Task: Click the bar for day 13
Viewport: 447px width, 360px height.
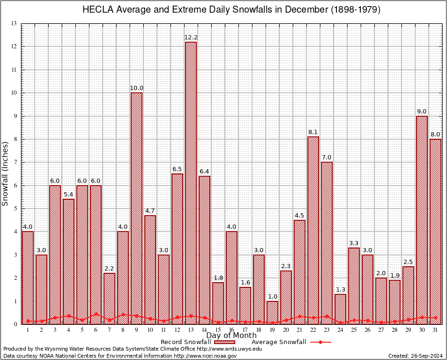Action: click(x=191, y=183)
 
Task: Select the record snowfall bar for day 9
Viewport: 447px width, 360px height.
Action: click(x=136, y=208)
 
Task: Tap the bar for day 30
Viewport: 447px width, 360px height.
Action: click(x=422, y=220)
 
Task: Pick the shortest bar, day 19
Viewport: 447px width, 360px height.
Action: click(x=272, y=312)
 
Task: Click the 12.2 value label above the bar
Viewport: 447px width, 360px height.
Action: click(x=191, y=37)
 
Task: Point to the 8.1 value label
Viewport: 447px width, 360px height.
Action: click(x=313, y=132)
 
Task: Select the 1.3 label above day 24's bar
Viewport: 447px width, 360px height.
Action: click(x=340, y=290)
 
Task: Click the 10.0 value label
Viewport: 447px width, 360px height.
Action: click(x=136, y=88)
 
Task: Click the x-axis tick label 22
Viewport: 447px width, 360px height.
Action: click(x=313, y=330)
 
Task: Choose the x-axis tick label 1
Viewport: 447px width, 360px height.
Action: click(x=28, y=330)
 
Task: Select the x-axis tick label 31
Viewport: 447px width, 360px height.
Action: click(x=435, y=330)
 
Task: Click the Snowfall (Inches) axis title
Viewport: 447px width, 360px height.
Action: click(x=6, y=173)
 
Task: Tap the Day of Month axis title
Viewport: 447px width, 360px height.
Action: click(x=231, y=336)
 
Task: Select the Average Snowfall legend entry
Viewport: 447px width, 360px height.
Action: click(x=278, y=342)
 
